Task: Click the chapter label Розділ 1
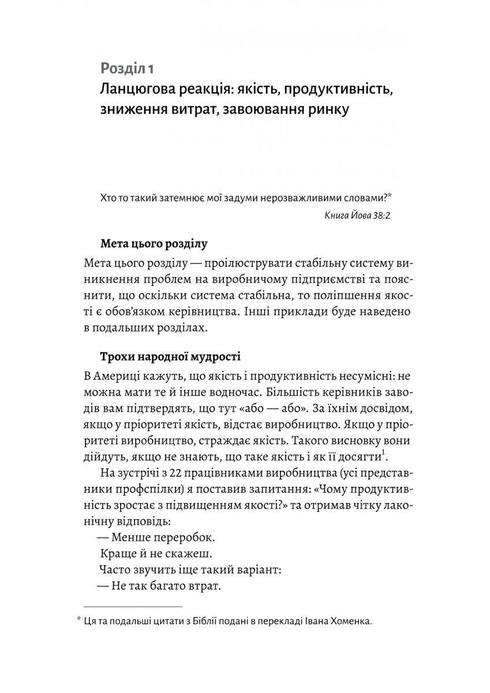(127, 69)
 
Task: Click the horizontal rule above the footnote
(133, 606)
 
